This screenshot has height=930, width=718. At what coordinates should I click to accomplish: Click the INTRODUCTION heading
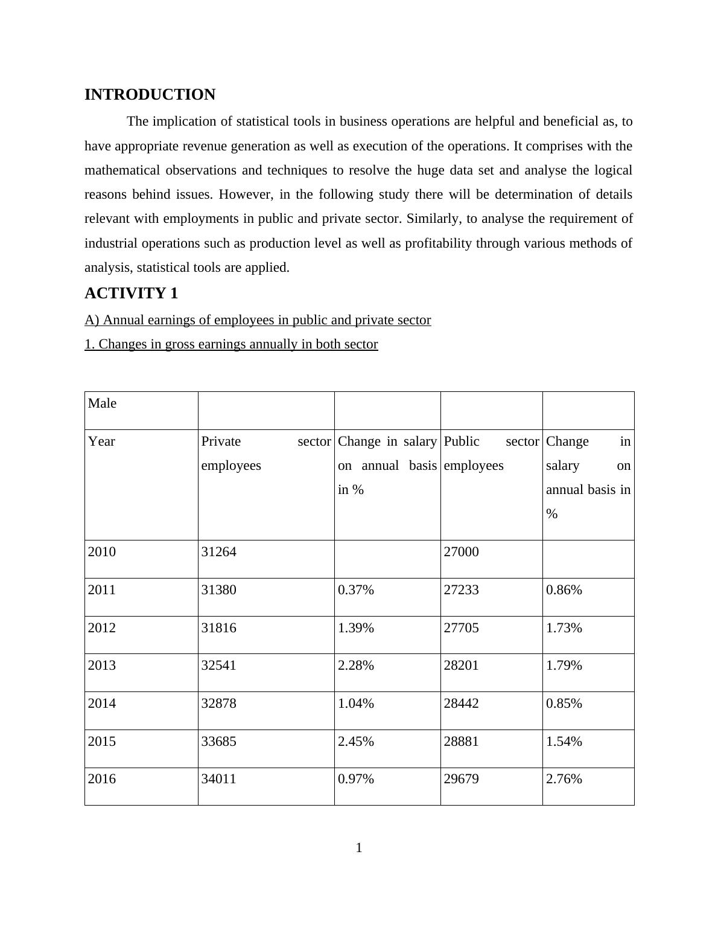pos(150,95)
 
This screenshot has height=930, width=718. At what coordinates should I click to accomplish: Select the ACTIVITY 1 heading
pos(131,293)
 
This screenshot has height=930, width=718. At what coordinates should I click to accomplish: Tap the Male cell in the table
pos(102,403)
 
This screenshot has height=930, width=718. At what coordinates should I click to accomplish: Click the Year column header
pos(101,441)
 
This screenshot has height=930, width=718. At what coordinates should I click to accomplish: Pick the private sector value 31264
pos(218,552)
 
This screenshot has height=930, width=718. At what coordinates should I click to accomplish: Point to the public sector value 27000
pos(461,552)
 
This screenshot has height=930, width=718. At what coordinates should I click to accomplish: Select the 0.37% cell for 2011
pos(355,590)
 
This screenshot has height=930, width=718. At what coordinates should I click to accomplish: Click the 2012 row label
pos(101,628)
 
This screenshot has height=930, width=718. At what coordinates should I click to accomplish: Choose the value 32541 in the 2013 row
pos(218,665)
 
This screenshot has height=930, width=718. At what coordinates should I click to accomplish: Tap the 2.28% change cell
pos(355,665)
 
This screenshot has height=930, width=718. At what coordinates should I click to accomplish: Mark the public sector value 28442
pos(461,704)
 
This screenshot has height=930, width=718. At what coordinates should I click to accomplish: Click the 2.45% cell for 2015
pos(355,742)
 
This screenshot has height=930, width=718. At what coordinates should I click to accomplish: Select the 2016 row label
pos(101,779)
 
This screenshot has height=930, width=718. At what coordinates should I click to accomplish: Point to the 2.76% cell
pos(564,779)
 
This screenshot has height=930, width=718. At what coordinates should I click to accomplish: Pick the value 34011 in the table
pos(218,779)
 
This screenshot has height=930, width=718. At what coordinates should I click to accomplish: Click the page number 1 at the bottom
pos(359,848)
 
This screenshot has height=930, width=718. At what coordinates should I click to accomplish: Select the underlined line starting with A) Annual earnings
pos(258,320)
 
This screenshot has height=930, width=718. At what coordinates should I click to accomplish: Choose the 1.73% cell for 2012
pos(564,628)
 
